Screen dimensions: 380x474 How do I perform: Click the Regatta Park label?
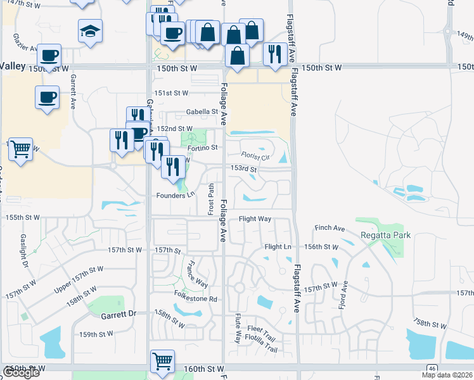click(385, 235)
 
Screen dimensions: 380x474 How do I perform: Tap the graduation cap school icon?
click(90, 30)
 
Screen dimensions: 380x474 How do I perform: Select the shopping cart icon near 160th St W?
click(162, 361)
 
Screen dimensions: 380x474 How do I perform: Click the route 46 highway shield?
click(432, 368)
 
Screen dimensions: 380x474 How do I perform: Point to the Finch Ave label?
click(330, 228)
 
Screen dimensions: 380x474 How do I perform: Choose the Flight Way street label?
click(255, 219)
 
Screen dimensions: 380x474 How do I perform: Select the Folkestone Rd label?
click(196, 299)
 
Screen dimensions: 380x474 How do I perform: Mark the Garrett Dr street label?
click(118, 314)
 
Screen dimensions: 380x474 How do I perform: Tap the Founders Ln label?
click(175, 196)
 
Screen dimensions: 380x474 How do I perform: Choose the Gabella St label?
click(202, 112)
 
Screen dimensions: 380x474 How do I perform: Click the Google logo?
click(21, 372)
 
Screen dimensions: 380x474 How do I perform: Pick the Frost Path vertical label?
click(211, 199)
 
